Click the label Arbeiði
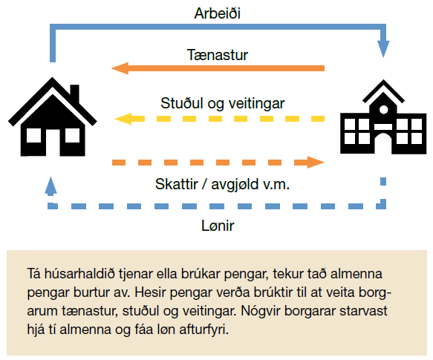click(x=218, y=13)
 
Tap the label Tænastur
click(x=218, y=55)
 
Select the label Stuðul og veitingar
click(x=223, y=103)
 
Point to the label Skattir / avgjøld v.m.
click(x=222, y=184)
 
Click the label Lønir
click(x=218, y=226)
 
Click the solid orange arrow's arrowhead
click(x=120, y=68)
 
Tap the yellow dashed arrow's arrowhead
click(x=123, y=119)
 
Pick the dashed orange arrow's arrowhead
click(x=316, y=162)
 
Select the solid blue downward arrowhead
click(x=383, y=49)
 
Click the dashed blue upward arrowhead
click(x=51, y=186)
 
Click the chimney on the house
click(x=74, y=93)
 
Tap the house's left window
click(x=33, y=136)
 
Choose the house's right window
click(x=72, y=136)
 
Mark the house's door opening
click(x=53, y=143)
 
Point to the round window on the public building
click(x=383, y=109)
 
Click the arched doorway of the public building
click(x=383, y=143)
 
